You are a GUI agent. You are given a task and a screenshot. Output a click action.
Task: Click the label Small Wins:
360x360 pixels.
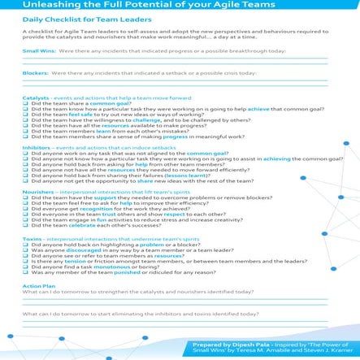(36, 50)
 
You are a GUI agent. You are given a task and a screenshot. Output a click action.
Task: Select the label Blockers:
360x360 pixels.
(34, 73)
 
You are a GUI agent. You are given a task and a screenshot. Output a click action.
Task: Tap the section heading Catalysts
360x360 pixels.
(35, 98)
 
